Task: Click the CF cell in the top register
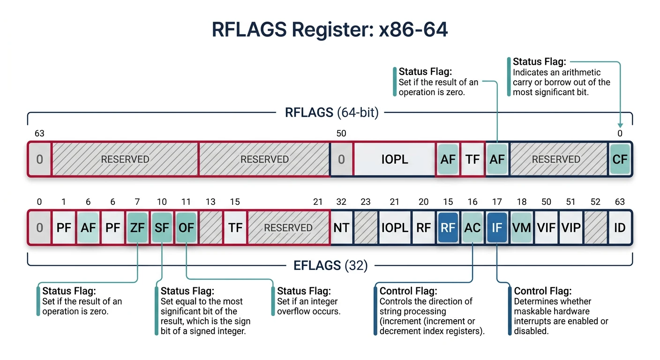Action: [x=619, y=159]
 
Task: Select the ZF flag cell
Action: [x=137, y=228]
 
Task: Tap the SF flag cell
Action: [x=162, y=228]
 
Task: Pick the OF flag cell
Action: [x=186, y=228]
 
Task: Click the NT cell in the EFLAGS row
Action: [x=341, y=228]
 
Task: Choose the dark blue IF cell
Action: [x=497, y=228]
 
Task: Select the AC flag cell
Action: [x=472, y=228]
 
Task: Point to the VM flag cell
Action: [x=521, y=228]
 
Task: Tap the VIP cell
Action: [x=570, y=228]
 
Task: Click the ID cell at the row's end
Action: [x=620, y=228]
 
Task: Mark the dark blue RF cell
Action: [x=448, y=228]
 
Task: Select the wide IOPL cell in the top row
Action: [x=394, y=159]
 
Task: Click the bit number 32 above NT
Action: [x=341, y=202]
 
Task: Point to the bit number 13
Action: [x=210, y=202]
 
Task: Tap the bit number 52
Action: [x=595, y=202]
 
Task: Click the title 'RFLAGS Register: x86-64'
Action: [x=330, y=30]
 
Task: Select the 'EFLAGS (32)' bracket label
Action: [x=330, y=266]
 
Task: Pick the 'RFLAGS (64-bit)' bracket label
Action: [x=331, y=113]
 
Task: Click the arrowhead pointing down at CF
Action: [x=620, y=125]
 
